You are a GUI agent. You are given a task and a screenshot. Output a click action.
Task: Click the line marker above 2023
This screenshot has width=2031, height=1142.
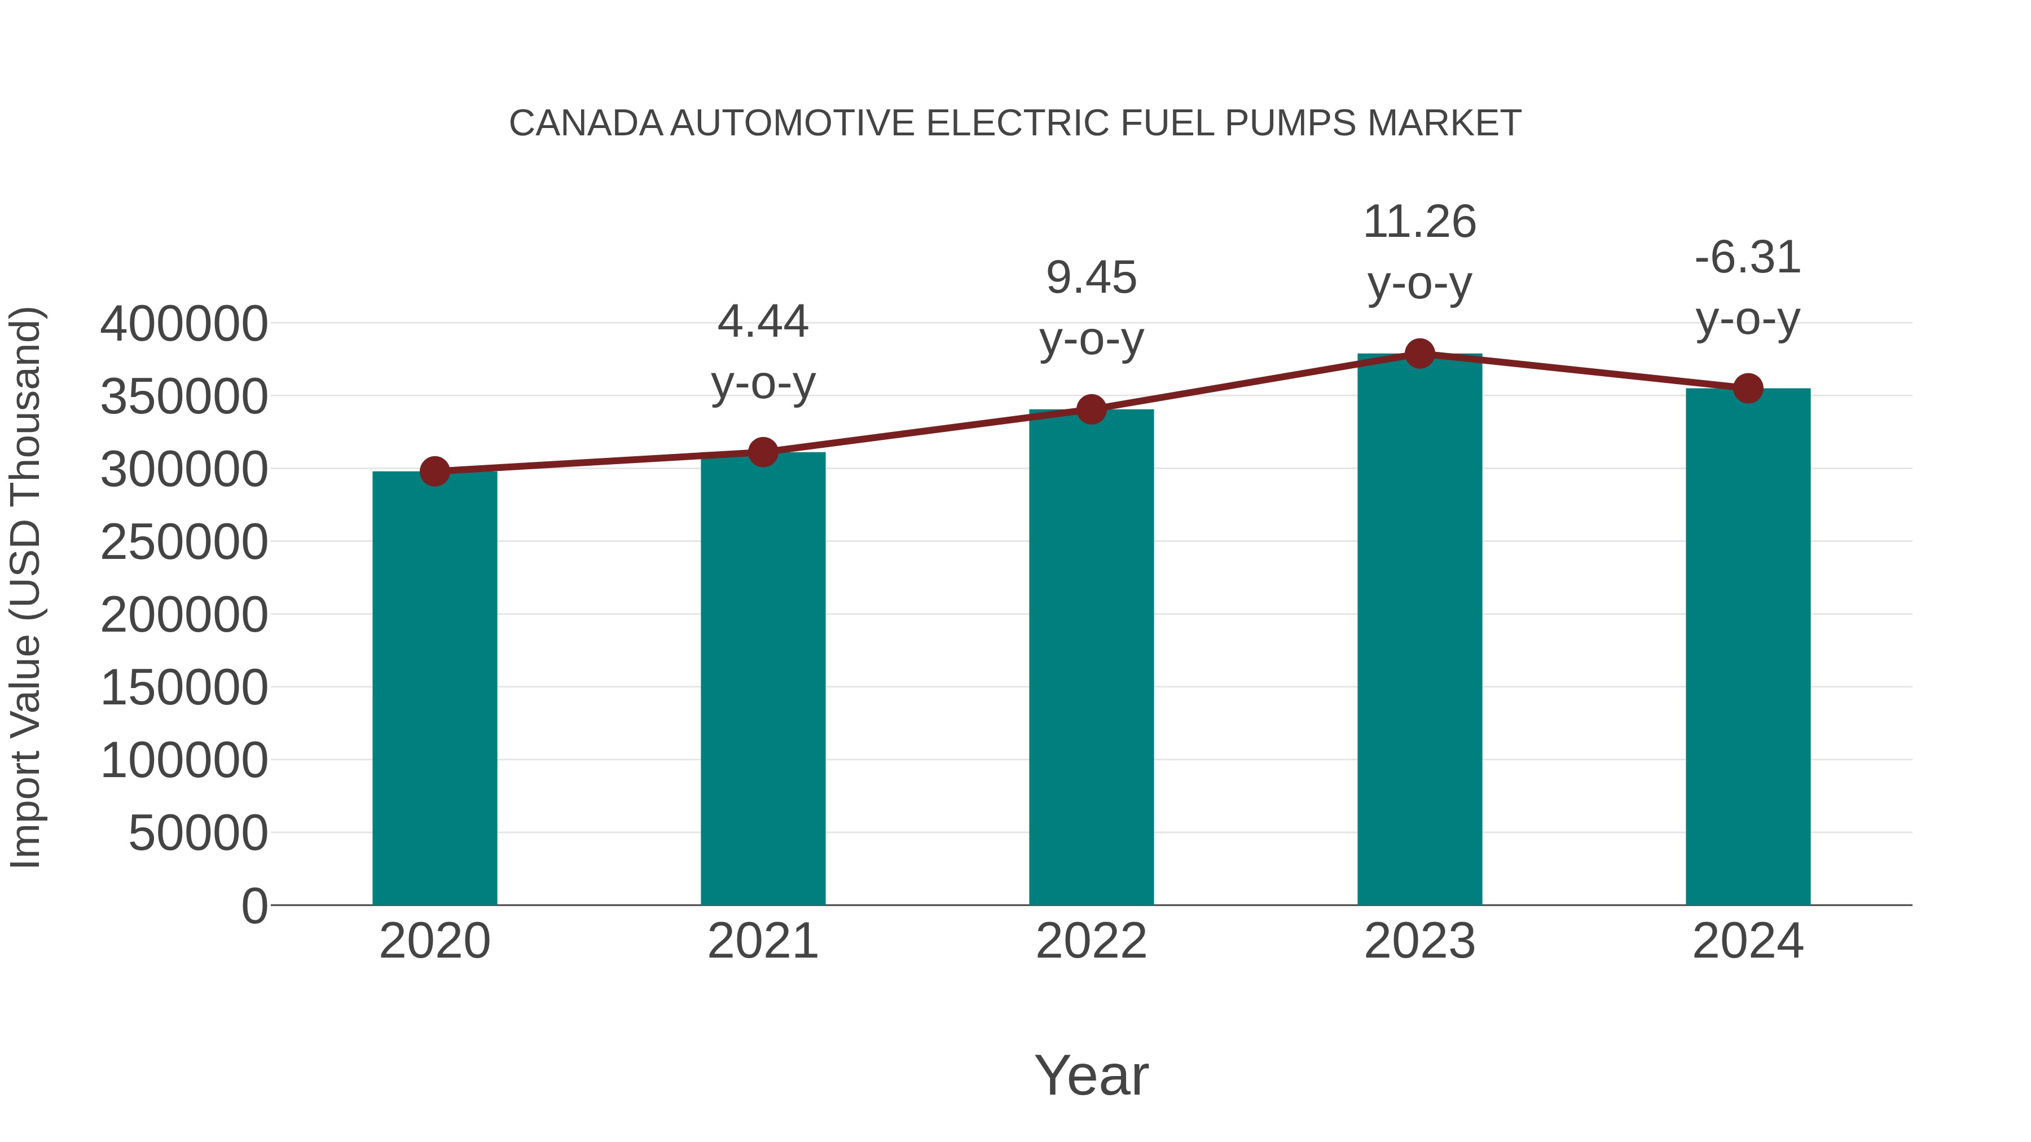click(1419, 354)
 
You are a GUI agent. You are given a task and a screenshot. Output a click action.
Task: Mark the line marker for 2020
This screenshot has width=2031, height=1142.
click(434, 471)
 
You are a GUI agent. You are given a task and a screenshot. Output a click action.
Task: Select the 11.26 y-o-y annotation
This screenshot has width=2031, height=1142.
click(1419, 252)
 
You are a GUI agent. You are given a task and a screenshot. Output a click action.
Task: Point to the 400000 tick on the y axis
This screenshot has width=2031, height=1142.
click(184, 324)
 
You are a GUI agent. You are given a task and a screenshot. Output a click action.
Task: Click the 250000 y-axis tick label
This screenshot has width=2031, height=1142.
click(184, 542)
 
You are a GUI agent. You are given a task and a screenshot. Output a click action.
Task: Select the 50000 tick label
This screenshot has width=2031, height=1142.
click(198, 833)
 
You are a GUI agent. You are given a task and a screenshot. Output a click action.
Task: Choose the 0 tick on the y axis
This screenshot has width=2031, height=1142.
click(254, 906)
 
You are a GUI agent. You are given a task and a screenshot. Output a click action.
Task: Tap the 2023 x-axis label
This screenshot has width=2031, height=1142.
click(1419, 941)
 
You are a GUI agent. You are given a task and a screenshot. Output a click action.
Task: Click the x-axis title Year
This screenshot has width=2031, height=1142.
click(1091, 1075)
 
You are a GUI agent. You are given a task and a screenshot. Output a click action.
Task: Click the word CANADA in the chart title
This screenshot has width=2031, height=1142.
click(586, 124)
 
